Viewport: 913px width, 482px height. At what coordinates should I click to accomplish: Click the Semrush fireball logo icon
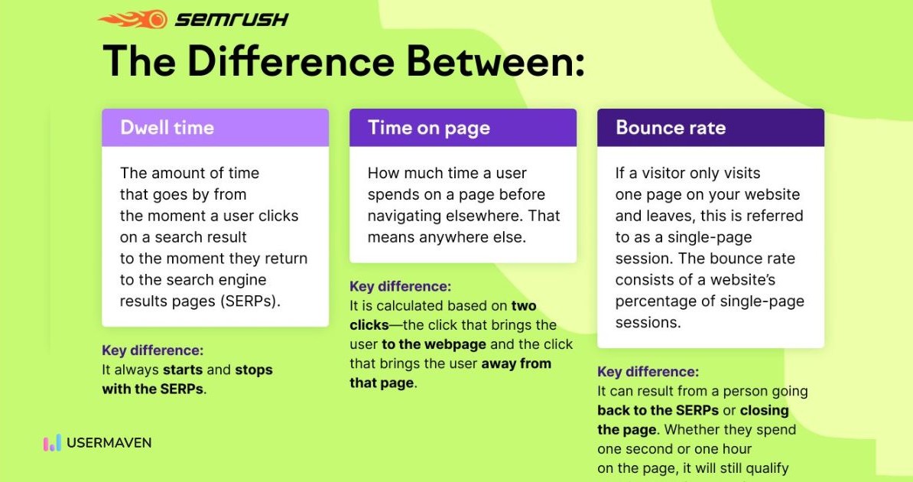(x=133, y=19)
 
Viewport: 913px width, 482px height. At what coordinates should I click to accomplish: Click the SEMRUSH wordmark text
(x=232, y=20)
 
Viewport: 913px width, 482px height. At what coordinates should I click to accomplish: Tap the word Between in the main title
(x=495, y=60)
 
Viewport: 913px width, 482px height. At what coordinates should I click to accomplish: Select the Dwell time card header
(x=216, y=128)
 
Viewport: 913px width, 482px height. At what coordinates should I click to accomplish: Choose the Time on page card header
(x=463, y=128)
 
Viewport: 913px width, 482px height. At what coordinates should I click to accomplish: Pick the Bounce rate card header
(x=710, y=128)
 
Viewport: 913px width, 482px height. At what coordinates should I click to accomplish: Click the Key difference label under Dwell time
(x=153, y=350)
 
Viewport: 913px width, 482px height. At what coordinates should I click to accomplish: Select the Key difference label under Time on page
(x=400, y=286)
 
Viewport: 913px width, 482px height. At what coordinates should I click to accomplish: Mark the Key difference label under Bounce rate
(x=648, y=372)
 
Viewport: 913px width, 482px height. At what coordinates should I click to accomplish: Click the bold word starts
(x=183, y=370)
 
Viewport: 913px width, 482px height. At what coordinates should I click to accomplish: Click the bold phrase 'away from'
(x=516, y=363)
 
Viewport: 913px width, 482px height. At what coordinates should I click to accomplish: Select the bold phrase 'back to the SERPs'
(x=658, y=410)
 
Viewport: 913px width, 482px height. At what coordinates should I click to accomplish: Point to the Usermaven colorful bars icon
(x=52, y=443)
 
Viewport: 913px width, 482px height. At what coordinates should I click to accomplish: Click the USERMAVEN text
(x=109, y=443)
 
